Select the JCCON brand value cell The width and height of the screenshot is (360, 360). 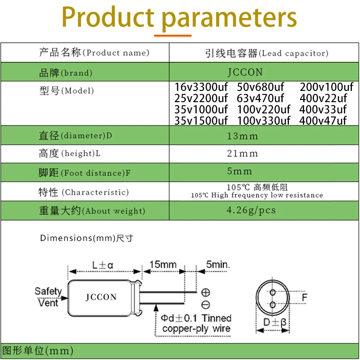245,72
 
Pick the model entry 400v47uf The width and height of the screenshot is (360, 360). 323,121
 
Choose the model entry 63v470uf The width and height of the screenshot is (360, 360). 261,98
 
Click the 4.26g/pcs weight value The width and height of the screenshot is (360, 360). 252,210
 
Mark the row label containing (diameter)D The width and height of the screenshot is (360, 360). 75,136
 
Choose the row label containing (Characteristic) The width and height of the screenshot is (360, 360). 83,193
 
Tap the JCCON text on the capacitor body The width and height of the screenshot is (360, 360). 101,297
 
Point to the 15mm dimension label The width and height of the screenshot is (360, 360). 163,264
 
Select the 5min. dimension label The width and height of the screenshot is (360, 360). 218,264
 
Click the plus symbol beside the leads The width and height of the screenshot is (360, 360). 206,292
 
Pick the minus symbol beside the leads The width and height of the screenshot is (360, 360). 206,304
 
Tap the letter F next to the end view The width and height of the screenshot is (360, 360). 305,298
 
